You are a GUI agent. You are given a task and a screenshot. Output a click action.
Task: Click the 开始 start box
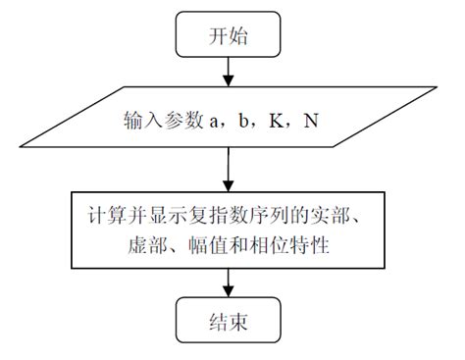(x=229, y=35)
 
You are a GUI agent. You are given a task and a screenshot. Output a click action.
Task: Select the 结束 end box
(x=229, y=322)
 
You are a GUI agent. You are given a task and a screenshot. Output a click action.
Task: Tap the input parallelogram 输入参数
(x=229, y=124)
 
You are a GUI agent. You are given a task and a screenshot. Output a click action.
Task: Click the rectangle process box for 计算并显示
(x=229, y=227)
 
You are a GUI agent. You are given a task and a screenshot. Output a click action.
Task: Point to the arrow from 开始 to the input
(x=229, y=71)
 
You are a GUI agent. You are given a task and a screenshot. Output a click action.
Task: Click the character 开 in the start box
(x=218, y=35)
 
